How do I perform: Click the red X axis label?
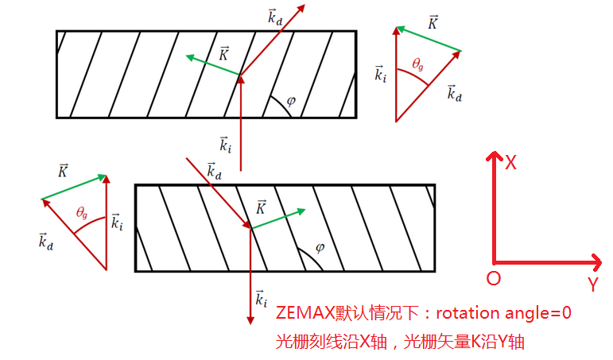coord(511,163)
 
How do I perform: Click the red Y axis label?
coord(592,284)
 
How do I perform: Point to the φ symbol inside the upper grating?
coord(291,101)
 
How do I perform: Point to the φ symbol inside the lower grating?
coord(320,247)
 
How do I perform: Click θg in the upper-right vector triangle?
coord(420,64)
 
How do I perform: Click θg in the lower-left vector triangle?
coord(82,212)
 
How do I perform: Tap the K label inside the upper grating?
coord(224,53)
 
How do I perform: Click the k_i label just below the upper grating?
coord(226,144)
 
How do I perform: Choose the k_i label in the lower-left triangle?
coord(116,222)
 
